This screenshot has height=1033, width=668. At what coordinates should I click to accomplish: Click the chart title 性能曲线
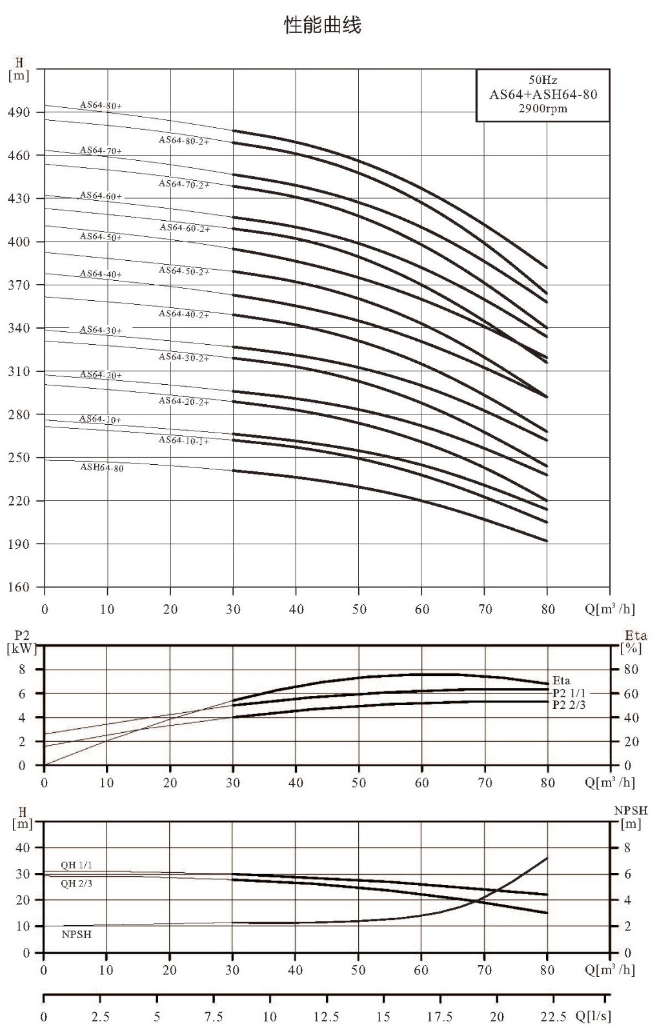[x=322, y=25]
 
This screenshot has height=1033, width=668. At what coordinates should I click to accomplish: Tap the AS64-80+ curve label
[x=101, y=105]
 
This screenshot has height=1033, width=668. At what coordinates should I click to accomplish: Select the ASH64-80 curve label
[x=102, y=467]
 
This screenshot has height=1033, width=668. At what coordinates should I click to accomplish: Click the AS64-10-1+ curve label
[x=184, y=440]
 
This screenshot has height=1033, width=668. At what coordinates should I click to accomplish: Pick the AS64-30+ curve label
[x=101, y=330]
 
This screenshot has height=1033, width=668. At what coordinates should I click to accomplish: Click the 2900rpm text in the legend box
[x=543, y=109]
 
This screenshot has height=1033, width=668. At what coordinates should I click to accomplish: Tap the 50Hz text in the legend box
[x=543, y=80]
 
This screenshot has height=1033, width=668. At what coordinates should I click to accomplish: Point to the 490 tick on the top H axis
[x=19, y=112]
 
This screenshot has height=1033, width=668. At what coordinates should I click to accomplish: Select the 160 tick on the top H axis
[x=19, y=587]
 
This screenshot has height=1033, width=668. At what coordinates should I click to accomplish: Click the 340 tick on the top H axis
[x=19, y=328]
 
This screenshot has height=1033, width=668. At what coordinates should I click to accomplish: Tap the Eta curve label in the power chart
[x=561, y=680]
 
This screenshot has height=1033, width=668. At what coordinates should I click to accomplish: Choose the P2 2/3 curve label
[x=569, y=704]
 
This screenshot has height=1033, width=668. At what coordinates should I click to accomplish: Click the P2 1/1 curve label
[x=569, y=693]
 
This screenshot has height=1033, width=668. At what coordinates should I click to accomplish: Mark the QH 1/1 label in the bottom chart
[x=77, y=865]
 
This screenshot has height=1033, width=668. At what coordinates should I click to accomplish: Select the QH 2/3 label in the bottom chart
[x=77, y=884]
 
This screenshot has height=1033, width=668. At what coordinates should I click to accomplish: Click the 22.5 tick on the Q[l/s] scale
[x=553, y=1016]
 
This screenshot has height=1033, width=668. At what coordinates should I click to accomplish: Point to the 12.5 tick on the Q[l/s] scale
[x=327, y=1016]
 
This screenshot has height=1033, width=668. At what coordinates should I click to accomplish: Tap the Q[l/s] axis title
[x=593, y=1016]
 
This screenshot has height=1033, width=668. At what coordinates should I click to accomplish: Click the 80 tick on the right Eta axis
[x=631, y=669]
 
